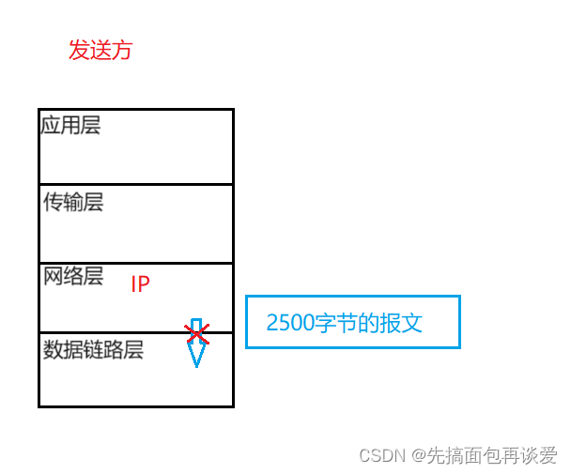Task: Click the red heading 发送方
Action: click(x=100, y=50)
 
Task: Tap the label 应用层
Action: click(x=70, y=126)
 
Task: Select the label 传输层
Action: click(x=73, y=202)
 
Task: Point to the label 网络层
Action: click(x=73, y=276)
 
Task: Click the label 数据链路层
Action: click(x=93, y=350)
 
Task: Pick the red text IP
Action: click(x=140, y=284)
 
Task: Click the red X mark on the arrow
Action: click(x=197, y=333)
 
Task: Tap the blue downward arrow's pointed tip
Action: click(x=196, y=364)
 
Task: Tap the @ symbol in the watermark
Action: click(x=417, y=455)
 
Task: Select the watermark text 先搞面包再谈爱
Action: click(x=492, y=455)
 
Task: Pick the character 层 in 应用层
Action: click(x=91, y=126)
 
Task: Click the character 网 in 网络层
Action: click(x=54, y=276)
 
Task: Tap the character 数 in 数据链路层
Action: click(x=54, y=350)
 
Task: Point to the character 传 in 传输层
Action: click(x=54, y=202)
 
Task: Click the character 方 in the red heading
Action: click(x=122, y=50)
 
